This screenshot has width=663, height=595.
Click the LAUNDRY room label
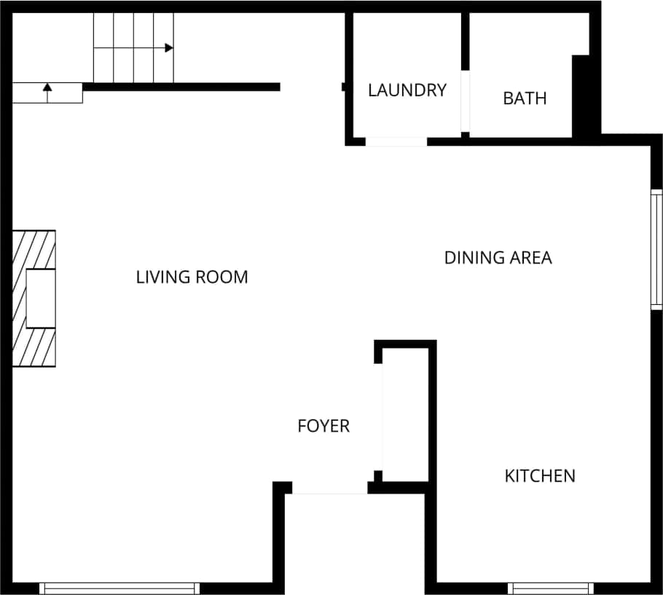[407, 90]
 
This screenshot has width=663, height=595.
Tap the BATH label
[525, 98]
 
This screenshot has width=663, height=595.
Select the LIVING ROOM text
[192, 277]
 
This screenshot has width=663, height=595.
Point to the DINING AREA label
[498, 257]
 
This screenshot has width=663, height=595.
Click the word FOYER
[323, 426]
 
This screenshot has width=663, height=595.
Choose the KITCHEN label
[540, 476]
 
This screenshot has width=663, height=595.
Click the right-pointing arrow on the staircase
[168, 48]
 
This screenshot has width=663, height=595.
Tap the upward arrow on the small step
[47, 88]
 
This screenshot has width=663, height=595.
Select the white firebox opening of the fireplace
[41, 298]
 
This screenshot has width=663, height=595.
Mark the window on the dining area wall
[656, 249]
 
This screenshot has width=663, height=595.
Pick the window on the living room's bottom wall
[119, 588]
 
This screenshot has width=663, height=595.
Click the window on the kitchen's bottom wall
[551, 588]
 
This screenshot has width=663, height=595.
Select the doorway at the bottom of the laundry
[396, 141]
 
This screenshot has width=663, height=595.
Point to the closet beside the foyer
[405, 414]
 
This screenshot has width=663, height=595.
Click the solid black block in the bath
[581, 95]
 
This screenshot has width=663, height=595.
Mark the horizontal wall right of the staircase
[181, 87]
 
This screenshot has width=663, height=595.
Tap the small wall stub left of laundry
[344, 87]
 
